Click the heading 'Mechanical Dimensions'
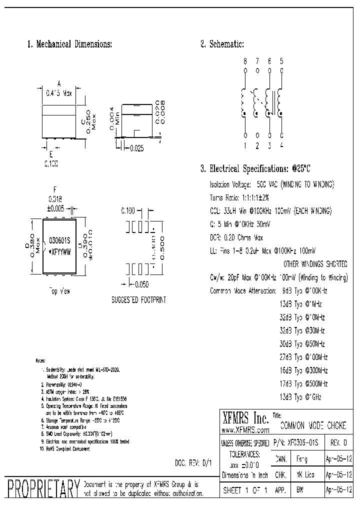[x=69, y=44]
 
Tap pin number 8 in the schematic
[x=245, y=61]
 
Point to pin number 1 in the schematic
[x=245, y=145]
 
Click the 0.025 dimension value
[x=137, y=148]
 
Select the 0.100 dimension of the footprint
[x=128, y=212]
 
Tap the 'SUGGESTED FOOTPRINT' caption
[x=138, y=300]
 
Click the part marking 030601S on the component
[x=59, y=239]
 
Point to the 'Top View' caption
[x=59, y=290]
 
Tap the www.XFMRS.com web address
[x=245, y=430]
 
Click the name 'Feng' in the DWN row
[x=302, y=458]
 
